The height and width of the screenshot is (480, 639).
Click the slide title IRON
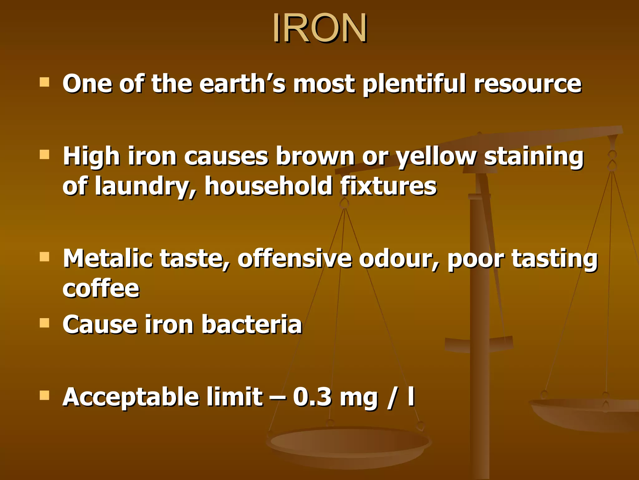point(319,28)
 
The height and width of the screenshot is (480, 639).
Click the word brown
point(315,156)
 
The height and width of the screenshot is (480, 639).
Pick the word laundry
point(145,187)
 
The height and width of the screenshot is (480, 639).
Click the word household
point(268,186)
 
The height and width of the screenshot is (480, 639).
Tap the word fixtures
point(388,186)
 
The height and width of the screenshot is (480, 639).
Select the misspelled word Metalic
point(108,258)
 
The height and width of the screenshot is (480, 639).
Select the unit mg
point(359,398)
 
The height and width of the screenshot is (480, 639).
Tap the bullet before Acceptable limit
point(45,395)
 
